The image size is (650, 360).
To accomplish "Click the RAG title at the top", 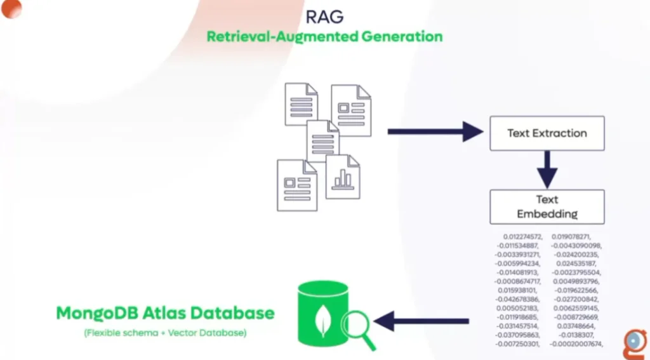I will (x=324, y=15).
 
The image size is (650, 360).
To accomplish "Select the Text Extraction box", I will (x=547, y=133).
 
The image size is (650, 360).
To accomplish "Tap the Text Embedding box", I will (x=547, y=206).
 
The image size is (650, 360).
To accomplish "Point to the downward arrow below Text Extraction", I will (x=547, y=170).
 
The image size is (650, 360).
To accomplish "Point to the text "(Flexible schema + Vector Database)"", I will (x=164, y=333).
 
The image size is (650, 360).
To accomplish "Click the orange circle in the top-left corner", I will (x=11, y=8).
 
